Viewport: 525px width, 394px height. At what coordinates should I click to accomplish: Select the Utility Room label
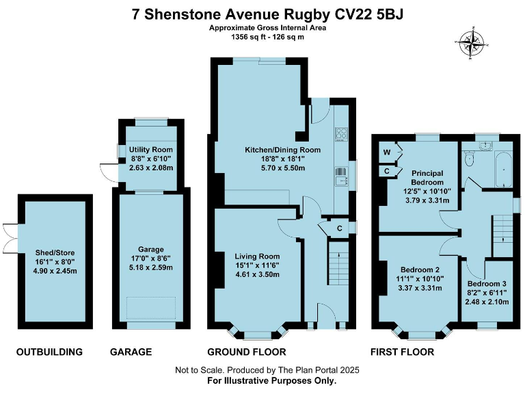(x=152, y=150)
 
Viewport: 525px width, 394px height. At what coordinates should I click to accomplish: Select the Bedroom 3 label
(x=487, y=283)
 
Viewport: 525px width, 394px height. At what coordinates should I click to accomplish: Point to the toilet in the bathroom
(x=468, y=159)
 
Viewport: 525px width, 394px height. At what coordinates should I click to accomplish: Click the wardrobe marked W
(x=386, y=152)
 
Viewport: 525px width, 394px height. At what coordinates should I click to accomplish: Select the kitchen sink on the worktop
(x=340, y=178)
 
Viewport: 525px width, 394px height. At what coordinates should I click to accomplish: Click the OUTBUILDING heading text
(x=49, y=352)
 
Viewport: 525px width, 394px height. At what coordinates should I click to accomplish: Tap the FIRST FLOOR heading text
(x=402, y=352)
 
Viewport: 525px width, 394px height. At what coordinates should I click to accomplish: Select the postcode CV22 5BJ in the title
(x=370, y=14)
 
